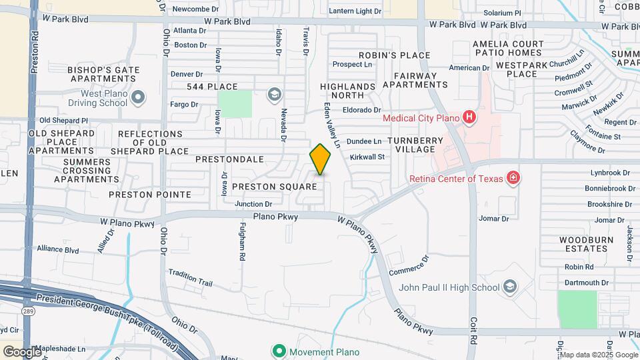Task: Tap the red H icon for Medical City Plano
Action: [469, 118]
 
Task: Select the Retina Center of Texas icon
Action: [513, 177]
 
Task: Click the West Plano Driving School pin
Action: [138, 98]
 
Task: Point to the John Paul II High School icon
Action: [510, 287]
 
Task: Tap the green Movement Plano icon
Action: [279, 351]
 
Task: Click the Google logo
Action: [22, 351]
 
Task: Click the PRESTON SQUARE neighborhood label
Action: [274, 187]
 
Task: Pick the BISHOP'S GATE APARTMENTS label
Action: [103, 75]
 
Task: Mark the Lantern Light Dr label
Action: [355, 11]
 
